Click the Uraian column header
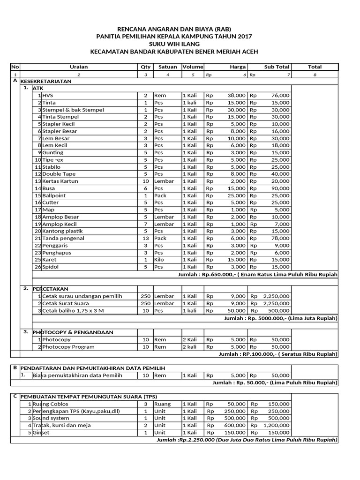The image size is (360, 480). pos(79,67)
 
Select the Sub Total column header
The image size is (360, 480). pos(277,67)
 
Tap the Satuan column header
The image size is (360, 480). pos(167,67)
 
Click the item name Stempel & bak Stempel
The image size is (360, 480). pos(73,110)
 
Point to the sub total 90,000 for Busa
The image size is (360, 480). pos(280,188)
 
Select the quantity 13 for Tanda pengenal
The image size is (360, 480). pos(145,238)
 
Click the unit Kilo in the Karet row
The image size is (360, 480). pos(159,260)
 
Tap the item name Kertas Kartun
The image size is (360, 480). pos(60,181)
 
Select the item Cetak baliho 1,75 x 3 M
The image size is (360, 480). pos(73,310)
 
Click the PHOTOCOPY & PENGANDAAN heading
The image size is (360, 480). pos(73,332)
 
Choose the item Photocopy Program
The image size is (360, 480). pos(68,347)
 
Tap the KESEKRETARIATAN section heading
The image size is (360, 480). pos(46,81)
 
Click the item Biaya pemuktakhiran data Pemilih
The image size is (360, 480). pos(77,375)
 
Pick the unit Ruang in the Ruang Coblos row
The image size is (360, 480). pos(162,404)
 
